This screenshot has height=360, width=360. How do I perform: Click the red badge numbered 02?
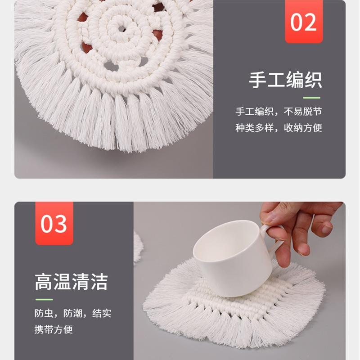click(x=304, y=22)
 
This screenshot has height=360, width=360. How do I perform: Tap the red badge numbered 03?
click(x=54, y=224)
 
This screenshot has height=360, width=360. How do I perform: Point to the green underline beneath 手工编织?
click(x=311, y=98)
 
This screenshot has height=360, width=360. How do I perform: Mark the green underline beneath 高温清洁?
click(x=44, y=300)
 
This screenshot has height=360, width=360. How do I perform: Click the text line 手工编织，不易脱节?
click(x=279, y=112)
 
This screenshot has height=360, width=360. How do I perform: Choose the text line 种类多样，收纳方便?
click(x=279, y=128)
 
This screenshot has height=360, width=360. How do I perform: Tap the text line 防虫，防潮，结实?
click(x=72, y=313)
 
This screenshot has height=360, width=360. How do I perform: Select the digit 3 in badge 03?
click(x=61, y=224)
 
